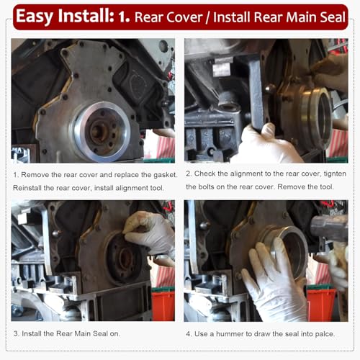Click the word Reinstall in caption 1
(x=30, y=188)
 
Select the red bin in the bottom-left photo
(x=163, y=304)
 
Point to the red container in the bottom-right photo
(x=320, y=302)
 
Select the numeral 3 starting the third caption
(x=16, y=335)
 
